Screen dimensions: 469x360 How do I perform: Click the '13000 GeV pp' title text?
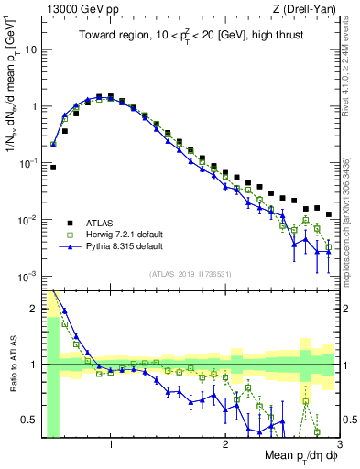point(77,9)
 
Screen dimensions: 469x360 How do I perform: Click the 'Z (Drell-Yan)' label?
point(307,9)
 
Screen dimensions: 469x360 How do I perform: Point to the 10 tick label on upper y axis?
point(30,49)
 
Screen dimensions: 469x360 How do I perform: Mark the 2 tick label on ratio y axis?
point(34,309)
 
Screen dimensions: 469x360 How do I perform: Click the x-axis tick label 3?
point(339,446)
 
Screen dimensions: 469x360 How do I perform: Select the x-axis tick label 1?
point(111,446)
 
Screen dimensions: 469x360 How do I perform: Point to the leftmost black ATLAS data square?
point(53,168)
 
